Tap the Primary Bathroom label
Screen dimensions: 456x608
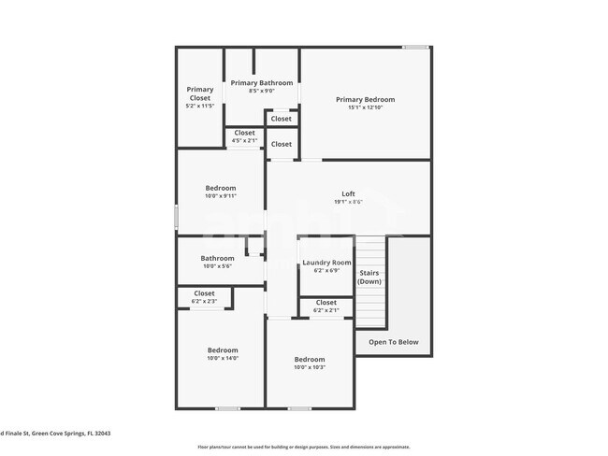coord(262,82)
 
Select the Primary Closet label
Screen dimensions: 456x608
coord(200,93)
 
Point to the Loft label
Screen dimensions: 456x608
coord(348,193)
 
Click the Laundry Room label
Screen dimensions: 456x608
coord(326,263)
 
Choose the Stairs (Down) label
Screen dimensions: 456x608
coord(369,277)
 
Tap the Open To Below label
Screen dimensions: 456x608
coord(394,342)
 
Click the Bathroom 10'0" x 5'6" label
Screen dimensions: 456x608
coord(217,258)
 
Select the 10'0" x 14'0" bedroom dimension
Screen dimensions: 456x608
coord(223,358)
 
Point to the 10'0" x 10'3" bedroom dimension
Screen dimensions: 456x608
coord(310,367)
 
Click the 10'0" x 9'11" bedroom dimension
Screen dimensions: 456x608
coord(221,196)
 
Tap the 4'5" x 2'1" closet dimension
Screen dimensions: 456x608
coord(244,141)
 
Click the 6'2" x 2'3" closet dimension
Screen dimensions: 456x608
coord(204,302)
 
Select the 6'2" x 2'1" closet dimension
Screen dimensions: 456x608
coord(326,310)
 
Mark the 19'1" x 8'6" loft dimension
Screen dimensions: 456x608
coord(348,202)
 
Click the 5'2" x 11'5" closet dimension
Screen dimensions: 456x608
coord(200,106)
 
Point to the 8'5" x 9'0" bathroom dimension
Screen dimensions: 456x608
coord(262,91)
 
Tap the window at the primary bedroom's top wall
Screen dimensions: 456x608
coord(415,47)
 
